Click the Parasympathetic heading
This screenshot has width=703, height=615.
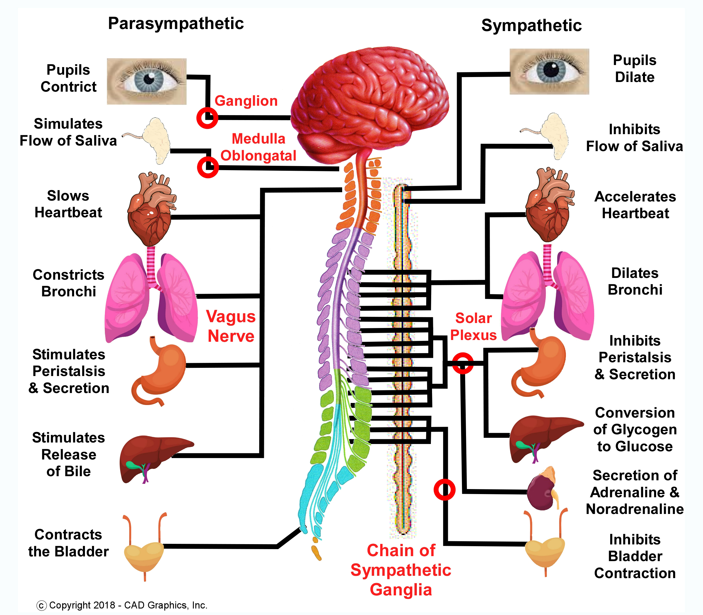coord(176,23)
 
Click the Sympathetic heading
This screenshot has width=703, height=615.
coord(531,25)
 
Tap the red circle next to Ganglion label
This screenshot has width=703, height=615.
coord(207,118)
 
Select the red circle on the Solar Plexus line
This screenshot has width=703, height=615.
coord(463,363)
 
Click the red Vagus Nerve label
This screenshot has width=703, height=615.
coord(231,326)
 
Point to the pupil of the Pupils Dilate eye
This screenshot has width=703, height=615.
coord(551,70)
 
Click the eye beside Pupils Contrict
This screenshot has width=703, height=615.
coord(147,81)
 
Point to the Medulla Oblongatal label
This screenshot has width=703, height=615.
coord(258,147)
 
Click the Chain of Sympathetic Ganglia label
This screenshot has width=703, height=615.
coord(401,570)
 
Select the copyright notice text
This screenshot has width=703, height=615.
coord(122,605)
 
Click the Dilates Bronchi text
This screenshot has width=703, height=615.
coord(635,281)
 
